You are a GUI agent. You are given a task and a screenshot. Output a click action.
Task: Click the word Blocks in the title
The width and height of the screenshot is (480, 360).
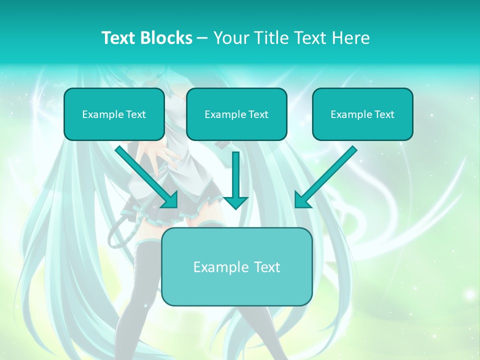167,38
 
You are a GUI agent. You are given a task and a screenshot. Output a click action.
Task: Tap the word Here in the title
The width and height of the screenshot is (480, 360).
352,38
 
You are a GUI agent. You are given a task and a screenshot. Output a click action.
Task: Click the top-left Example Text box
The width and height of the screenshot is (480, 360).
114,114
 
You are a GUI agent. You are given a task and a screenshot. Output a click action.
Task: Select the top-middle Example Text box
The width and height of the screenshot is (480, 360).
236,114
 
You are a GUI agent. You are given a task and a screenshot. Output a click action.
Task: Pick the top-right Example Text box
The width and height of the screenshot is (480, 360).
362,114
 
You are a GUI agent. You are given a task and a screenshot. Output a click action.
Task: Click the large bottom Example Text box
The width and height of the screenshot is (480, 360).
236,266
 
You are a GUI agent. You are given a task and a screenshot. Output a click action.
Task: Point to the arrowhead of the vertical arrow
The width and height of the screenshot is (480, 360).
235,202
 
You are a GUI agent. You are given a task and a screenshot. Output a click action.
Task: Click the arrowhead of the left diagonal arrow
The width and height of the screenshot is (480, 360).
170,201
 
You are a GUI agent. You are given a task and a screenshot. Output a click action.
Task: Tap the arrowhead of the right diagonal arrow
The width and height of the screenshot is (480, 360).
301,201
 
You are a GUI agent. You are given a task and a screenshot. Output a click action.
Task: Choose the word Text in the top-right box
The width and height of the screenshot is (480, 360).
384,114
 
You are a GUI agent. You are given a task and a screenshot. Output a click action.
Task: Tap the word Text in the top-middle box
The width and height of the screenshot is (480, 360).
258,114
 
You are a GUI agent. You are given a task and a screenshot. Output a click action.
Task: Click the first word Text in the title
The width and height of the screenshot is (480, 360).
118,38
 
